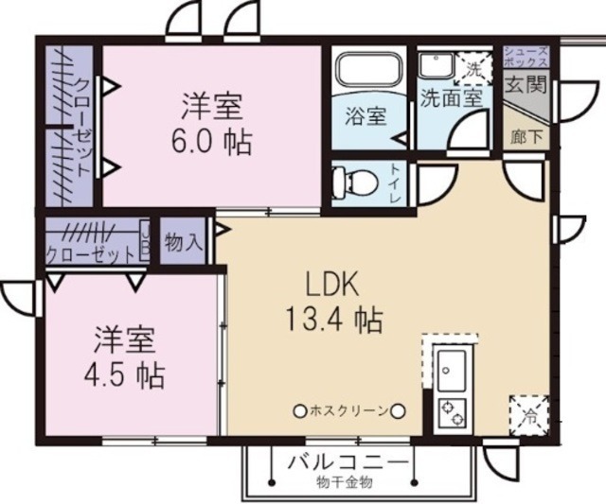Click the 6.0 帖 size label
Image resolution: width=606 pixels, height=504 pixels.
point(211,143)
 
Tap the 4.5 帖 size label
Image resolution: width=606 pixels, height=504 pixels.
point(120,375)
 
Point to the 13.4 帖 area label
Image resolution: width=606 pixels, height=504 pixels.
point(333,320)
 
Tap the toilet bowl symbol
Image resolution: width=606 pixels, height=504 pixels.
point(358,180)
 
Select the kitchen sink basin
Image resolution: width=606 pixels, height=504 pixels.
point(449,367)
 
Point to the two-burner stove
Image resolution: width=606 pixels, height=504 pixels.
point(449,412)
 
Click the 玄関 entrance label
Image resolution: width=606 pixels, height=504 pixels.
point(525,85)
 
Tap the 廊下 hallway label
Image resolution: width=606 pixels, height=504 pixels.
point(526,135)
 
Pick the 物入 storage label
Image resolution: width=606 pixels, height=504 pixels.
point(183,242)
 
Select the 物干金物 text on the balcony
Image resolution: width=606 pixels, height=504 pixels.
point(345,482)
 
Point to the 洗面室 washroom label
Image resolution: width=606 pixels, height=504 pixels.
point(453,96)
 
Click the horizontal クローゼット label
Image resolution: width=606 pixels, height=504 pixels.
point(90,254)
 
